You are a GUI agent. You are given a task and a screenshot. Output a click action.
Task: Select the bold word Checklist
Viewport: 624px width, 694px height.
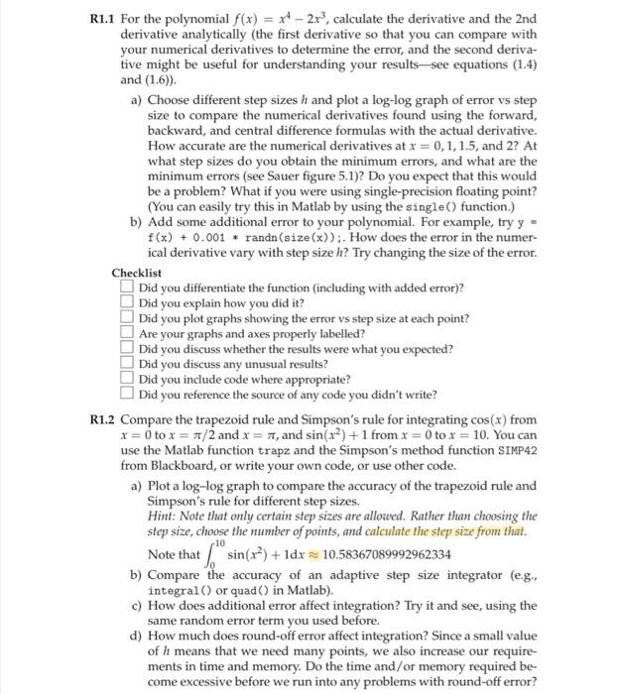[136, 272]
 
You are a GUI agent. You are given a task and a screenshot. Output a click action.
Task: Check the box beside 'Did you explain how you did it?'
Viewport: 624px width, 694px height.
[128, 302]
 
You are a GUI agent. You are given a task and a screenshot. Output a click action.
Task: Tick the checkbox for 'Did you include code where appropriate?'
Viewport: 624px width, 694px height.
[128, 379]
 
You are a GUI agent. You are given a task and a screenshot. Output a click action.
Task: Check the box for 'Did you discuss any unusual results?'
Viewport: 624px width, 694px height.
[128, 364]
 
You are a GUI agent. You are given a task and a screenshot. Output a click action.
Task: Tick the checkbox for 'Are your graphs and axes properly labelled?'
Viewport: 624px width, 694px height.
[128, 333]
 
